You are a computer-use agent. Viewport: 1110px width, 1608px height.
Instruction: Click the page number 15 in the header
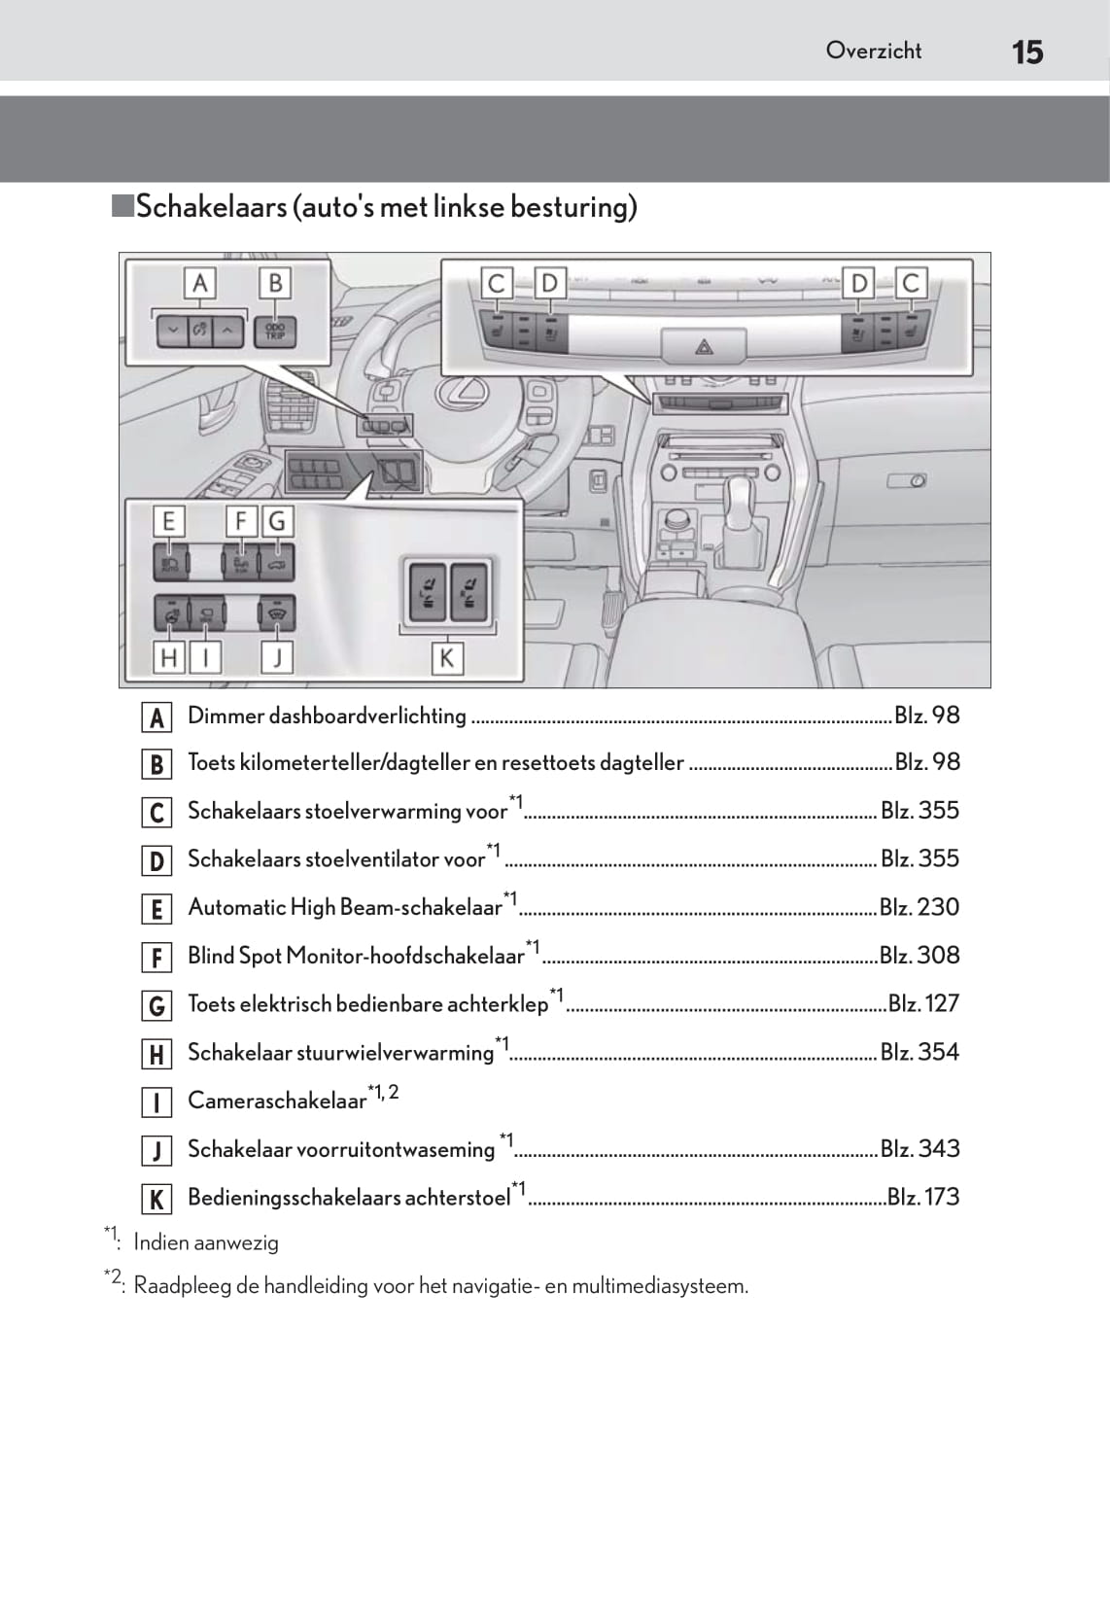[x=1027, y=52]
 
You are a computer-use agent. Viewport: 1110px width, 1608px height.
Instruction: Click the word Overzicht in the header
[x=873, y=51]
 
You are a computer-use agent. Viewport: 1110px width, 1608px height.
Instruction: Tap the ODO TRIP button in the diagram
[x=275, y=332]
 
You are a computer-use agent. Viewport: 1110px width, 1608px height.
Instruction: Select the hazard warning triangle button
[x=704, y=345]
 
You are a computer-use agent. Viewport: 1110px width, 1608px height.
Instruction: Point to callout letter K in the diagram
[x=446, y=658]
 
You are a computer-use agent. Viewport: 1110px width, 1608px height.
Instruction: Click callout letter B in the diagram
[x=275, y=284]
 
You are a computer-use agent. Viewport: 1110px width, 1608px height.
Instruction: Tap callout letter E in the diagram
[x=168, y=522]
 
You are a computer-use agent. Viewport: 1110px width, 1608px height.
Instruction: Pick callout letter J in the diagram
[x=277, y=658]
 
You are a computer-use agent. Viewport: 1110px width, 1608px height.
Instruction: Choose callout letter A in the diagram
[x=200, y=284]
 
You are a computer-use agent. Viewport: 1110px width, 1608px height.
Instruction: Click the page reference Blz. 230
[x=919, y=907]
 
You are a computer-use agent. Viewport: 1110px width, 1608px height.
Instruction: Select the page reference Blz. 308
[x=919, y=956]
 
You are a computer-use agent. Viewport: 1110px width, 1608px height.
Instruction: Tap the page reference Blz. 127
[x=923, y=1003]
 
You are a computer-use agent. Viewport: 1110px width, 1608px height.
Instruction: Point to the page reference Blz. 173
[x=922, y=1197]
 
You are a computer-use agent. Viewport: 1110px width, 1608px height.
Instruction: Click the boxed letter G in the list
[x=156, y=1005]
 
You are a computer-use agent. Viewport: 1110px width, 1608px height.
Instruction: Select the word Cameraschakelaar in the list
[x=277, y=1101]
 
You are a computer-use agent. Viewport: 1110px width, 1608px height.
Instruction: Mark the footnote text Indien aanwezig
[x=206, y=1242]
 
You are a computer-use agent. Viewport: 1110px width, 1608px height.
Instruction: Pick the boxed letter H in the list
[x=156, y=1054]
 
